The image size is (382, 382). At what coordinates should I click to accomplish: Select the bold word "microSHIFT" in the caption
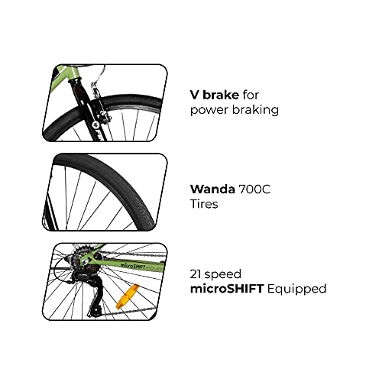[x=227, y=288]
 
